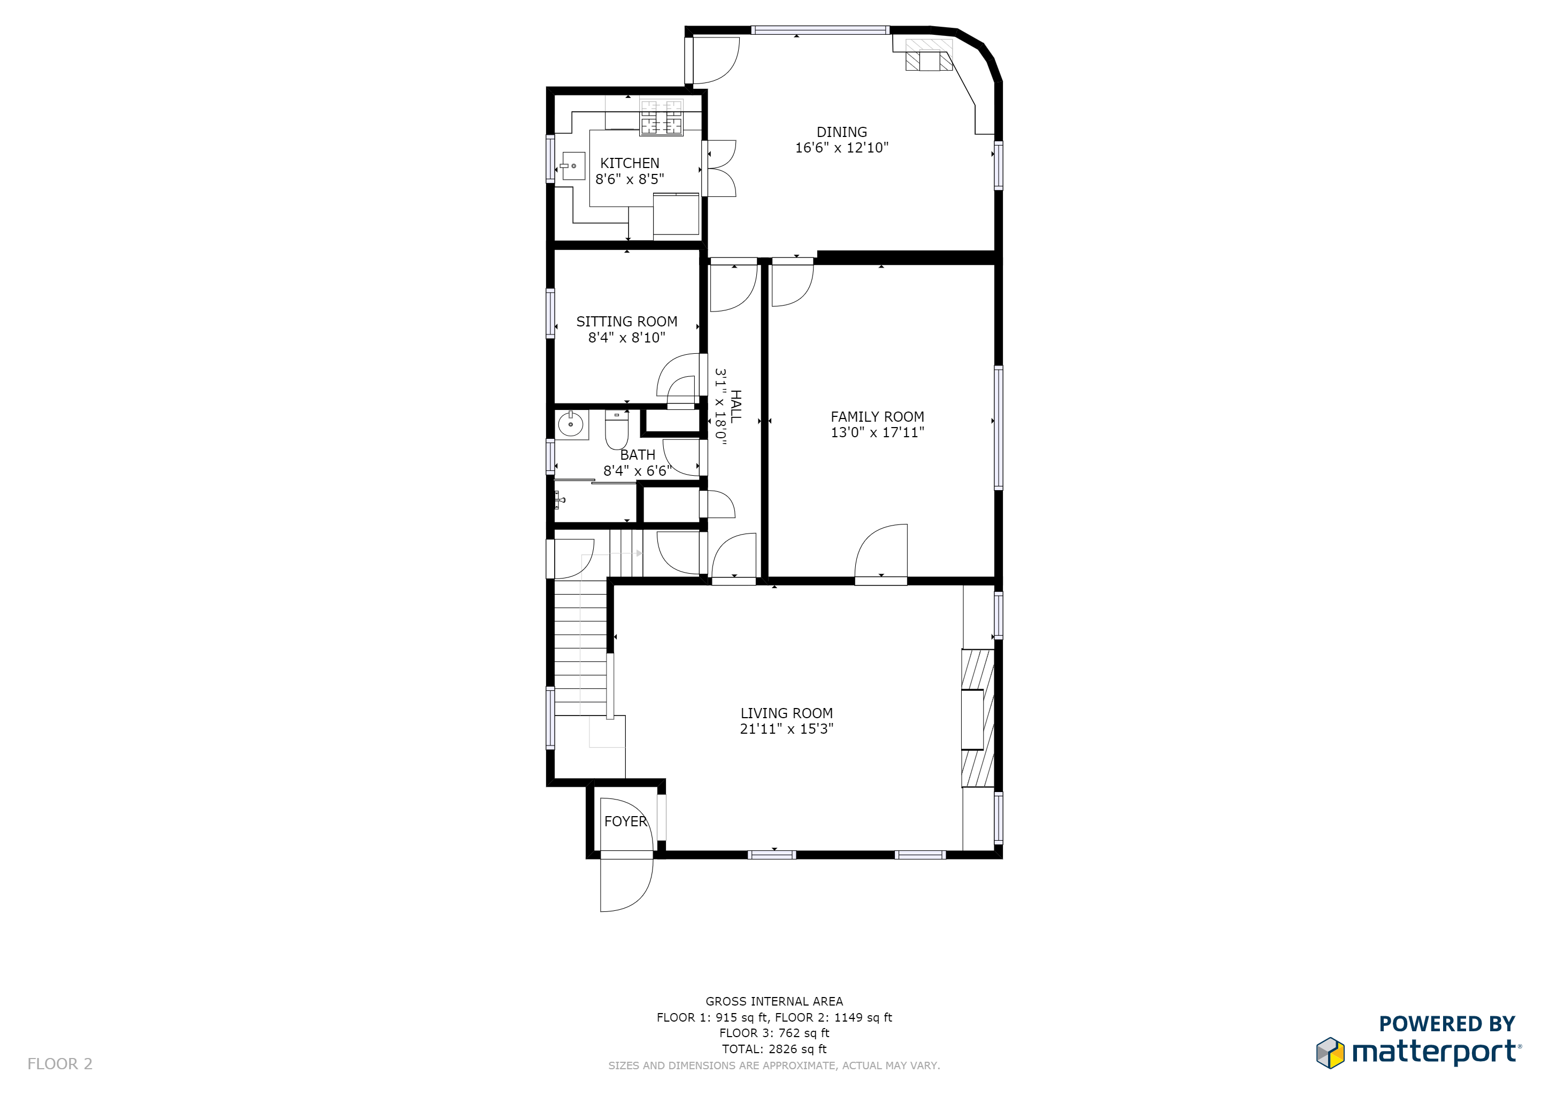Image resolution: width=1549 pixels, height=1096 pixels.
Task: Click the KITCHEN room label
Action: (630, 163)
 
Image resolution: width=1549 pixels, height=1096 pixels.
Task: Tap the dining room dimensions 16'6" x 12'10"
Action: (841, 148)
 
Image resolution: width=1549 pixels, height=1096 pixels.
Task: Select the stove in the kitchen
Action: (661, 117)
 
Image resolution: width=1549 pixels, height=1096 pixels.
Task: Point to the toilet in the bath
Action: (616, 431)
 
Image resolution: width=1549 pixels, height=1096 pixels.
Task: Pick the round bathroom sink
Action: (571, 424)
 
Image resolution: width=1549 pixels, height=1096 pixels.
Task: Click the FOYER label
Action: (625, 821)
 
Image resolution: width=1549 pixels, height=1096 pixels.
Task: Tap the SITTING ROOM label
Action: (626, 322)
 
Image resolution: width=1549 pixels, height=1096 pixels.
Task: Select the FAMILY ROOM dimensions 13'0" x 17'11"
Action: (877, 432)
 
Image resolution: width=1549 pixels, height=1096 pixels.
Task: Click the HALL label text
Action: (735, 406)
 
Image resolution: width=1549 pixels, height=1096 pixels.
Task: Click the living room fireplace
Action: (977, 718)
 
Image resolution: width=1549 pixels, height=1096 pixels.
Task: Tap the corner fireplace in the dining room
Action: (929, 55)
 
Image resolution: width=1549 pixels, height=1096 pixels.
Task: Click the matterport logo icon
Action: (1330, 1053)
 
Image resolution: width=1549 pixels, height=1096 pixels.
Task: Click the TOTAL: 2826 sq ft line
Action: (774, 1049)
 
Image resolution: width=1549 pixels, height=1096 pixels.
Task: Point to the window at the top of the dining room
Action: (820, 31)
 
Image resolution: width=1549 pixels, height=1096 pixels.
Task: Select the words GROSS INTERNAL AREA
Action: (774, 1001)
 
